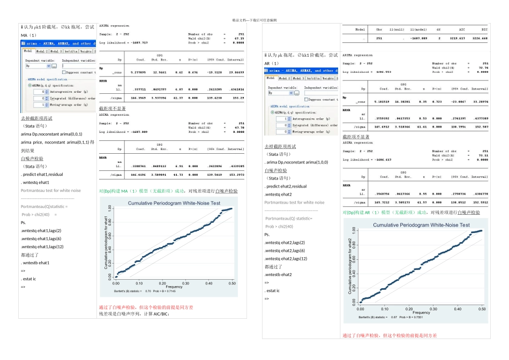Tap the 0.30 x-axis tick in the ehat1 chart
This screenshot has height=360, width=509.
186,283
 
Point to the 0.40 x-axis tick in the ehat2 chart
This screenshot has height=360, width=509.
458,309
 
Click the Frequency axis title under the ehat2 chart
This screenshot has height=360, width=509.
421,313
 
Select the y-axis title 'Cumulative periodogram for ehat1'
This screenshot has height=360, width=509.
106,242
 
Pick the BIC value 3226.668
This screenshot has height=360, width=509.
480,38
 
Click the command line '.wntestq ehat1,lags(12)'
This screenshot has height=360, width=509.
42,246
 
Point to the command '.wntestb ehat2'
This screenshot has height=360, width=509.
278,274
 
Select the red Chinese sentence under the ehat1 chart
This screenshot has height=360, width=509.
146,307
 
